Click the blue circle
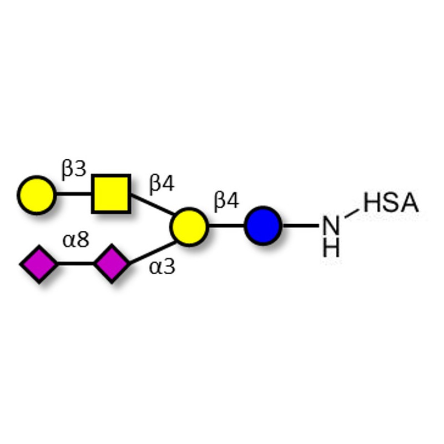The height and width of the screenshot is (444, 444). pyautogui.click(x=263, y=226)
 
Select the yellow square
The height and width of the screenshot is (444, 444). pyautogui.click(x=111, y=194)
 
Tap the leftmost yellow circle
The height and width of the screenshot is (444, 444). pyautogui.click(x=37, y=195)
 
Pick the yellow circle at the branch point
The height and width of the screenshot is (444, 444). pyautogui.click(x=189, y=226)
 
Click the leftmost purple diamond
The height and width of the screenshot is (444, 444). pyautogui.click(x=39, y=264)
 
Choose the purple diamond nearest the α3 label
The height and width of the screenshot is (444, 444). pyautogui.click(x=112, y=263)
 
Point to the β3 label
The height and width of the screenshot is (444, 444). pyautogui.click(x=74, y=170)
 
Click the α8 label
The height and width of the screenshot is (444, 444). pyautogui.click(x=75, y=240)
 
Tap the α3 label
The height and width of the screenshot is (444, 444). pyautogui.click(x=162, y=267)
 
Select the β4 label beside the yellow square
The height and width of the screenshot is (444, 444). pyautogui.click(x=162, y=184)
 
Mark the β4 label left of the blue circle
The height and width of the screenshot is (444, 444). pyautogui.click(x=226, y=201)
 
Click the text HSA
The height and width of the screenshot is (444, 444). pyautogui.click(x=391, y=203)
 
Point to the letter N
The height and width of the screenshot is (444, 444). pyautogui.click(x=331, y=226)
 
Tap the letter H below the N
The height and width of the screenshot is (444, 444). pyautogui.click(x=331, y=247)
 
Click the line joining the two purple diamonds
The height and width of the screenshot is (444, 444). pyautogui.click(x=76, y=264)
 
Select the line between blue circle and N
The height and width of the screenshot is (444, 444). pyautogui.click(x=301, y=226)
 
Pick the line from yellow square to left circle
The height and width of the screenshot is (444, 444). pyautogui.click(x=74, y=194)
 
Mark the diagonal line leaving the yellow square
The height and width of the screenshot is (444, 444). pyautogui.click(x=152, y=204)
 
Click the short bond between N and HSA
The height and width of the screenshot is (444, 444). pyautogui.click(x=352, y=213)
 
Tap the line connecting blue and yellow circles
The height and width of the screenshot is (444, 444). pyautogui.click(x=226, y=226)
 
